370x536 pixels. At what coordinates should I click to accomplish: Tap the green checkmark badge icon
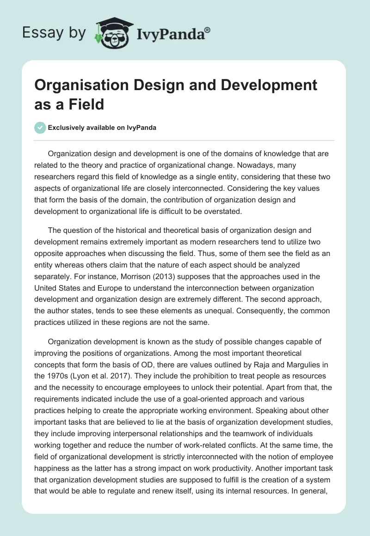(40, 128)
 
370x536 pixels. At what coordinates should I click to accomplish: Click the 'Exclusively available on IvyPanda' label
(103, 128)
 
